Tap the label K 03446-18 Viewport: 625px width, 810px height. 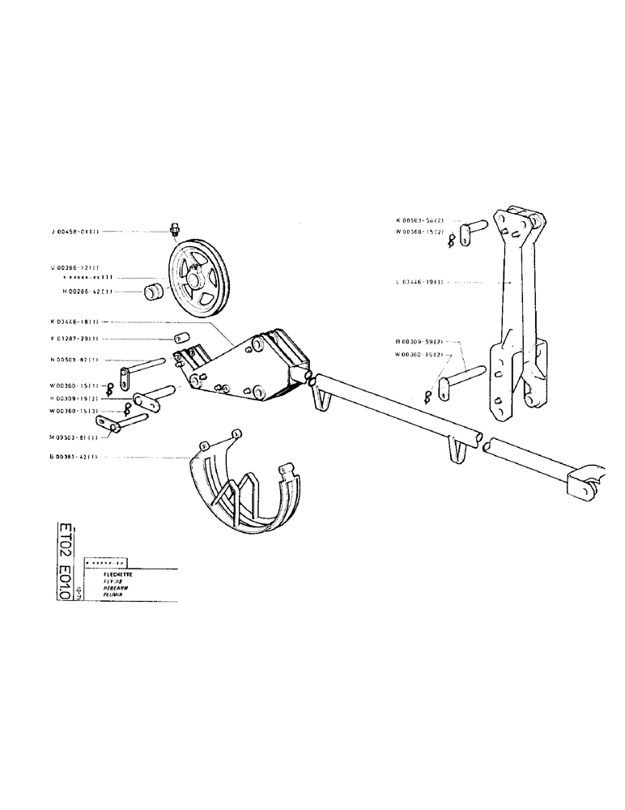pos(74,322)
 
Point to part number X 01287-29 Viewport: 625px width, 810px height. pos(74,339)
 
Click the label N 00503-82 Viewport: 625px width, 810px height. pos(74,360)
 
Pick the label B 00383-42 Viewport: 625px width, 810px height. pos(74,457)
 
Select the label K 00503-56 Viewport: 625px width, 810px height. pos(419,220)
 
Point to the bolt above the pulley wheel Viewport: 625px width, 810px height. pos(175,230)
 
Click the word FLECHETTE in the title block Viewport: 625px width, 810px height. pos(108,573)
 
